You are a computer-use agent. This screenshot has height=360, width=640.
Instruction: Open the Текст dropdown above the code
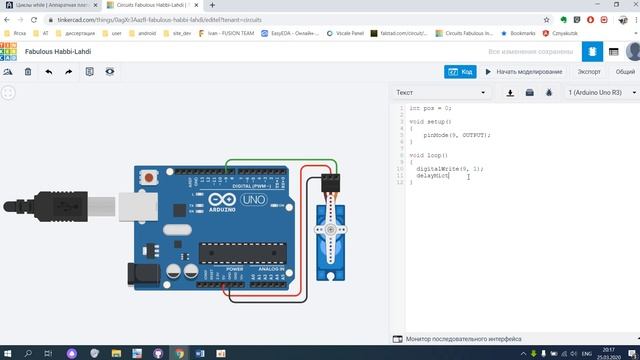pos(441,92)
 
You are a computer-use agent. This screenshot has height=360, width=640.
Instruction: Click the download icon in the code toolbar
pos(511,92)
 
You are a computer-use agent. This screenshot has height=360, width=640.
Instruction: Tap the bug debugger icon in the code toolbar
pos(549,92)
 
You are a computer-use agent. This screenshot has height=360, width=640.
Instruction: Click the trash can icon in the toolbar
pos(28,71)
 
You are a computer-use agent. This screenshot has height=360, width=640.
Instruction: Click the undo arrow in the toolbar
pos(48,71)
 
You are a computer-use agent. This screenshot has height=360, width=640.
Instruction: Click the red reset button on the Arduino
pos(150,178)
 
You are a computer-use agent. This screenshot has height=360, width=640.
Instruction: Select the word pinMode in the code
pos(437,134)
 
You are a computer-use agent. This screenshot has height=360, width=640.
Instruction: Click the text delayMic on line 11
pos(433,176)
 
